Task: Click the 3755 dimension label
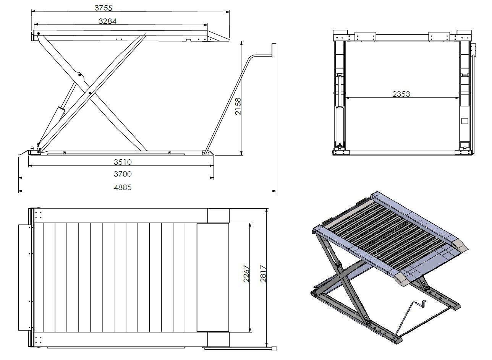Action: [103, 8]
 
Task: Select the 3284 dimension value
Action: [107, 21]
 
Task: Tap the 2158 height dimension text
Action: [238, 106]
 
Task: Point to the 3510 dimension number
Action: [123, 162]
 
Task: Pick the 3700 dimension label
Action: [123, 174]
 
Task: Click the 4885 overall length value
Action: [123, 187]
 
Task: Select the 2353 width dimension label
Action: [401, 94]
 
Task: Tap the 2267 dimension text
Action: [246, 274]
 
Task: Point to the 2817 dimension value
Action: [263, 274]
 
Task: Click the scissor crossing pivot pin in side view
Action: [90, 93]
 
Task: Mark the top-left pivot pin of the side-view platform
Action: [39, 34]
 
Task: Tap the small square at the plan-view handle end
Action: [274, 349]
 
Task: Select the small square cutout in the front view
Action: [465, 121]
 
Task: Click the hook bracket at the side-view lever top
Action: [274, 49]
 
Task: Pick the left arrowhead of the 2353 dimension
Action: [347, 98]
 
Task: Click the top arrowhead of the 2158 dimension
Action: [241, 43]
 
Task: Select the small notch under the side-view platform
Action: [188, 40]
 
